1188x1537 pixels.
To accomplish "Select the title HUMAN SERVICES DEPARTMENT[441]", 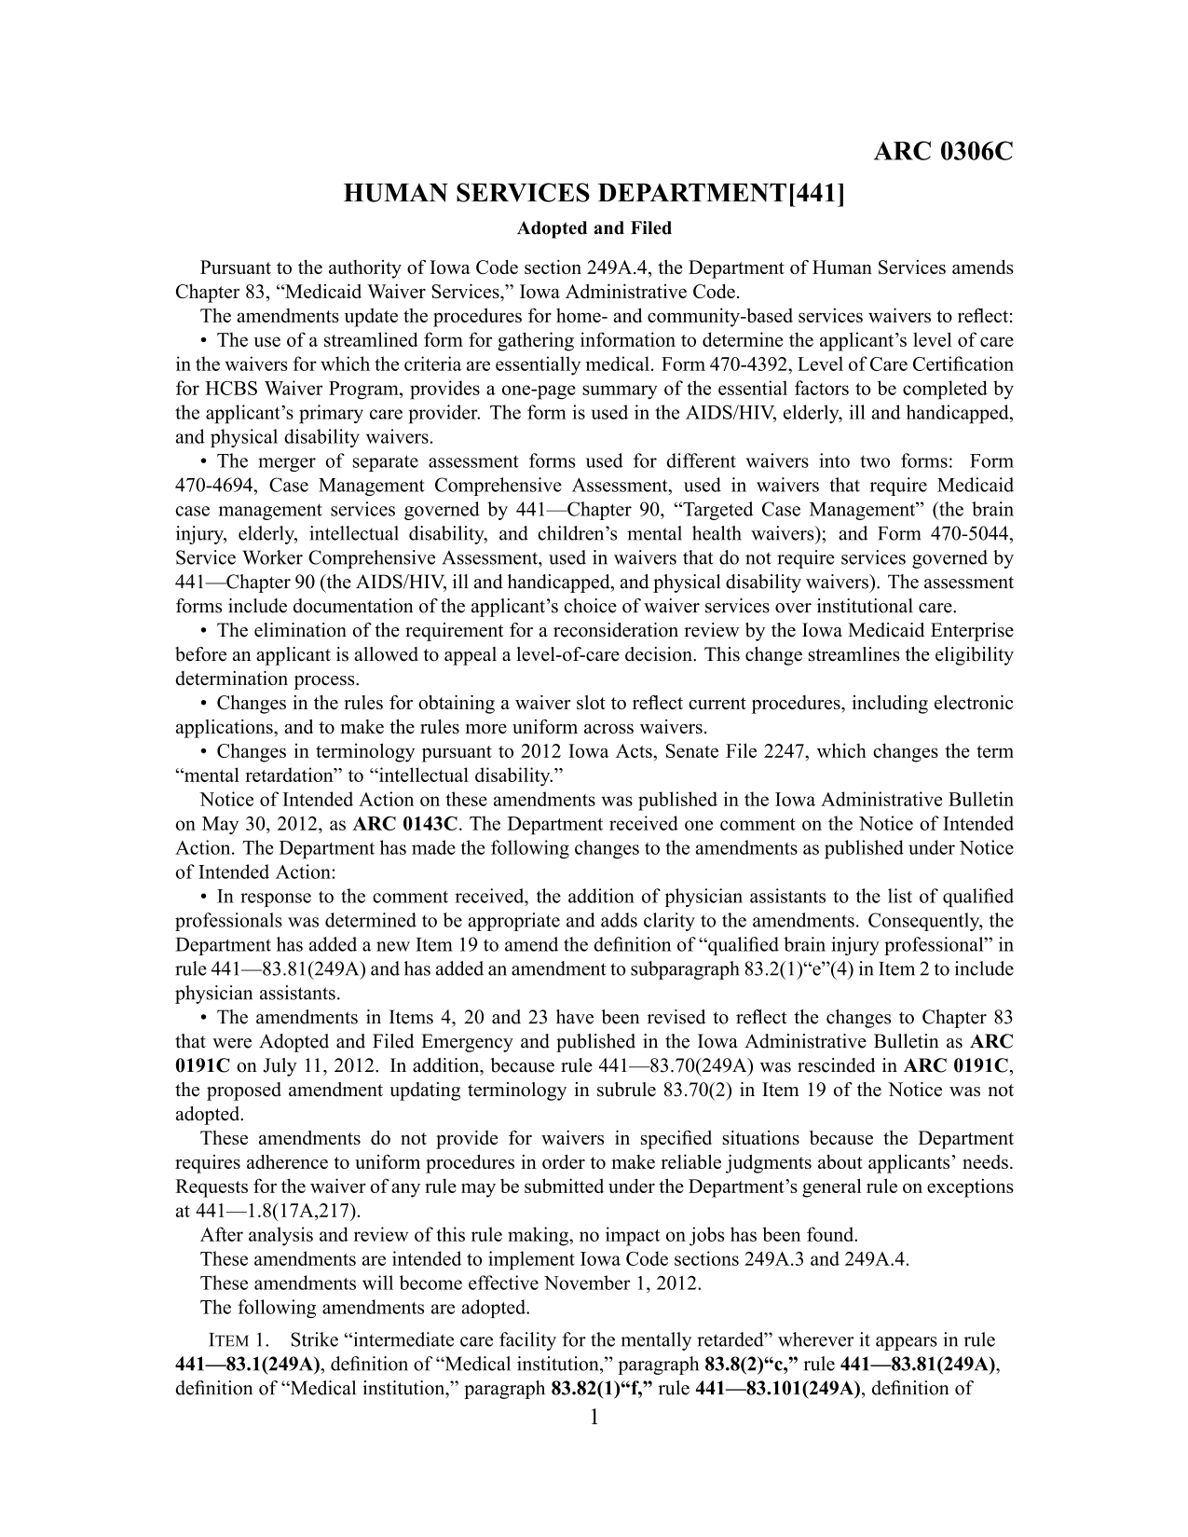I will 594,195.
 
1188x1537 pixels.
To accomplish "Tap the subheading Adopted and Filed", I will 594,227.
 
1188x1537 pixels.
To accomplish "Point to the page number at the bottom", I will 594,1420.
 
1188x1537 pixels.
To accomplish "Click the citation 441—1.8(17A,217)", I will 278,1211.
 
